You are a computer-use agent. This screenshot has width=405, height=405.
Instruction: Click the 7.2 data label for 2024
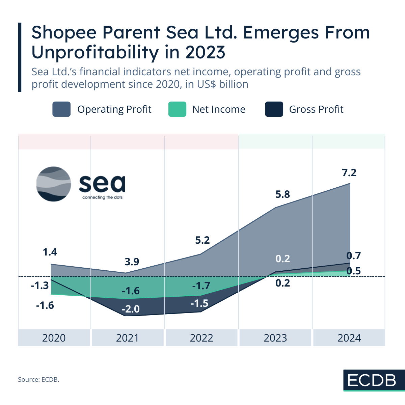349,173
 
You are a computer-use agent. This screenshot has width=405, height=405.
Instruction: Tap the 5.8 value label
282,194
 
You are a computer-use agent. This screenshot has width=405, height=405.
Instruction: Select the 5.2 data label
202,240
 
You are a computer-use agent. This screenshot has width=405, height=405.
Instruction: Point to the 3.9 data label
132,262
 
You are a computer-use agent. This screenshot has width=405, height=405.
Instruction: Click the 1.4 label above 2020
50,252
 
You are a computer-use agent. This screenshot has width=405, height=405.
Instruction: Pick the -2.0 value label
131,309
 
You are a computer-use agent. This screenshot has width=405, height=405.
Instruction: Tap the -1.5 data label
199,303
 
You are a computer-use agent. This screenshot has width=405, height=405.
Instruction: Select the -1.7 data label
201,286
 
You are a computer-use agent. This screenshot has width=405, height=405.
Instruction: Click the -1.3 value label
40,286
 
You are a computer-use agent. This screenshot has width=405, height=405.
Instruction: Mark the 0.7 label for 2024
353,255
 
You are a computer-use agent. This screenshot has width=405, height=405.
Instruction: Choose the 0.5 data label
353,271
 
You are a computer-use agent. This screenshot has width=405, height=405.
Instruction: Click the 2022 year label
201,338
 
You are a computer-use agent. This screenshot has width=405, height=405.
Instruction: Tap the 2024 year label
349,338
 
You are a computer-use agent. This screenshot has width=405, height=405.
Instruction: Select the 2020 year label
54,338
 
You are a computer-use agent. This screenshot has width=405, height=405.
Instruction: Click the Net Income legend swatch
177,109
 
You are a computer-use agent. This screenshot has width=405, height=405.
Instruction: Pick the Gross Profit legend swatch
274,109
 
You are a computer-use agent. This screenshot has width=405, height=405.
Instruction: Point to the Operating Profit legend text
114,109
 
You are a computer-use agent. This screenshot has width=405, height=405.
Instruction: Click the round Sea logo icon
54,184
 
